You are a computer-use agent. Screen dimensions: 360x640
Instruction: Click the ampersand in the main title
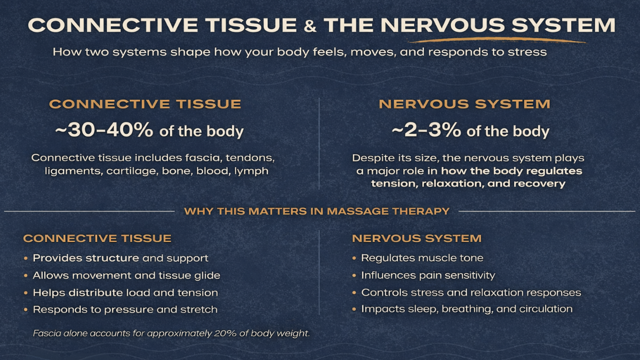[310, 26]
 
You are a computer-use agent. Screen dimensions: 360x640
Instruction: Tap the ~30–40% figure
[104, 131]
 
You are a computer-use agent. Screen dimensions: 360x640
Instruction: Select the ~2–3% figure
[426, 131]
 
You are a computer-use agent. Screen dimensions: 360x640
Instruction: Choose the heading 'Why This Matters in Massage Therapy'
[317, 211]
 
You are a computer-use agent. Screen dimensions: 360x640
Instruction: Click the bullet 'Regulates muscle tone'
[422, 258]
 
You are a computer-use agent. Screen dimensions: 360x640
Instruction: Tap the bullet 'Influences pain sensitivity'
[428, 275]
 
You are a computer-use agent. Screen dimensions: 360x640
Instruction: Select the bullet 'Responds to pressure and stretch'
[125, 309]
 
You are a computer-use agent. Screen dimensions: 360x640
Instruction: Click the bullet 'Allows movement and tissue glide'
[126, 275]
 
